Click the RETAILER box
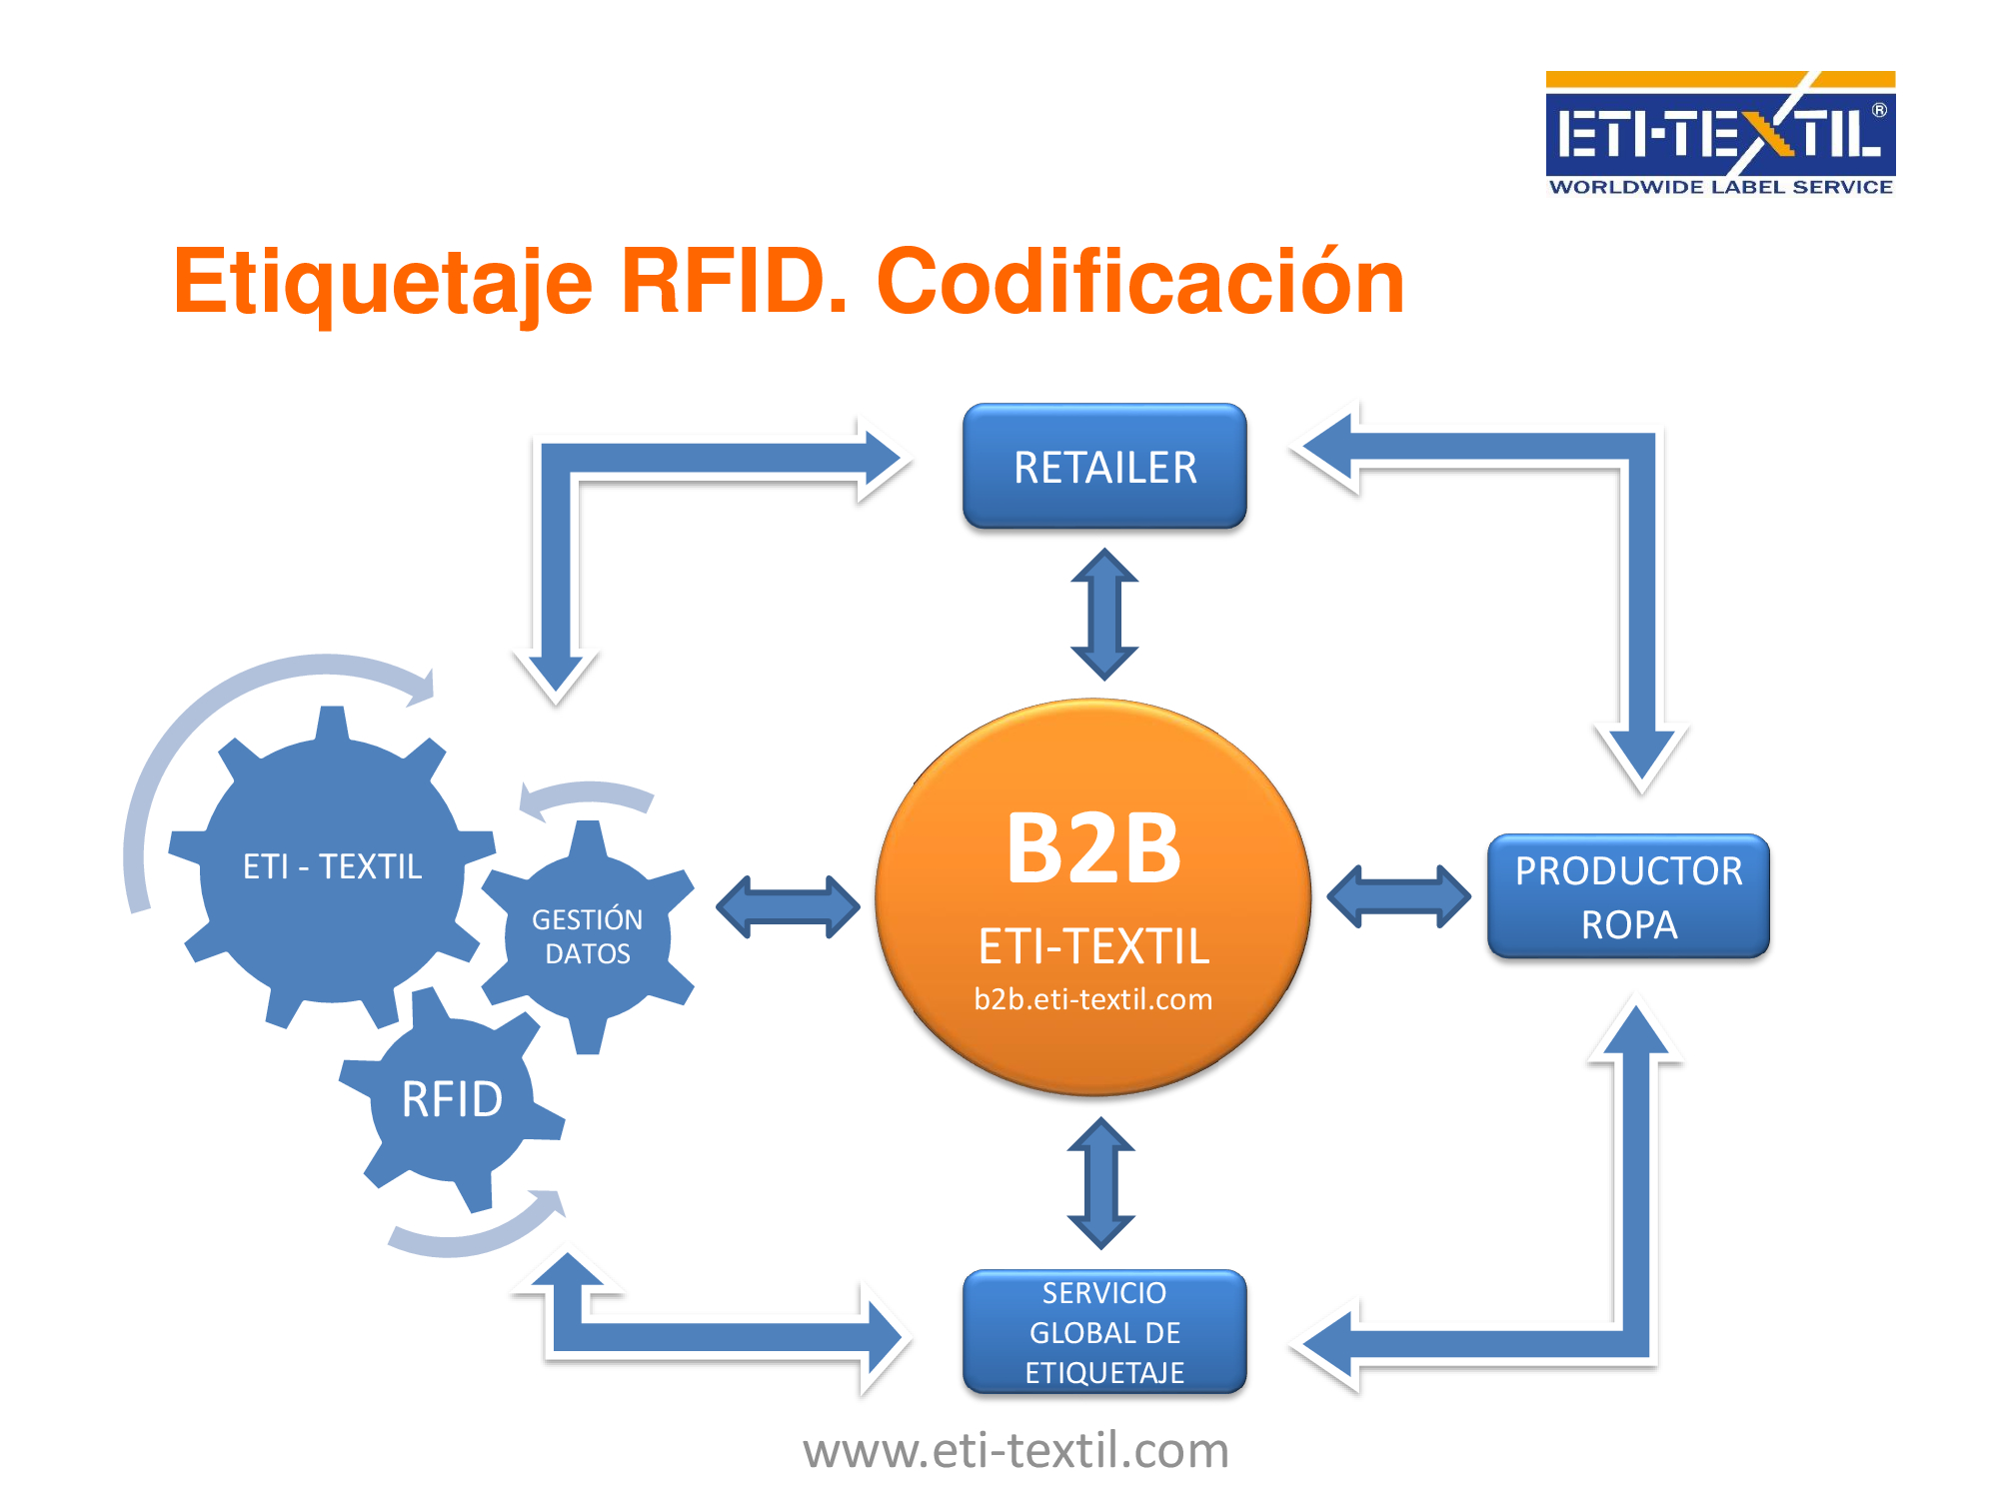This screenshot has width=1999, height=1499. (1104, 466)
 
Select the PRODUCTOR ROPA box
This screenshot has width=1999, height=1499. (1628, 896)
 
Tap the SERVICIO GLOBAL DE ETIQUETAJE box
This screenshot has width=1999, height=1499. (1104, 1332)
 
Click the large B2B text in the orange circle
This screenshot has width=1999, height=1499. (1093, 848)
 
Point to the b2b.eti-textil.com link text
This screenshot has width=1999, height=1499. (1093, 999)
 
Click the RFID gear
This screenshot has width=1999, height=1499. (452, 1099)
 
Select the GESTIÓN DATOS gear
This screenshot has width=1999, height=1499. (588, 936)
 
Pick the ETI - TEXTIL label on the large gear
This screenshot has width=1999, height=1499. (333, 866)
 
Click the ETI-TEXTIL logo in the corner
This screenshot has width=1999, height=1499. (1720, 133)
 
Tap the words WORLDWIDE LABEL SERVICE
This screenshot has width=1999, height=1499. (1720, 187)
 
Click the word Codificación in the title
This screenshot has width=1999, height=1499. (1140, 283)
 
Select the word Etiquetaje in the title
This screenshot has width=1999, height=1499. (383, 285)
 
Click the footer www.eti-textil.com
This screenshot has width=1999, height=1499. (1015, 1450)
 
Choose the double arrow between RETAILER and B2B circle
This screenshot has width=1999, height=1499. (1104, 614)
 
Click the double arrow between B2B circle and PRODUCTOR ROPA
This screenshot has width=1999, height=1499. (1398, 896)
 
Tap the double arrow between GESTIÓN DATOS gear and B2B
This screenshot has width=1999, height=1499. (788, 907)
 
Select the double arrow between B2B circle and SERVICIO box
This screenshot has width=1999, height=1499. (1101, 1183)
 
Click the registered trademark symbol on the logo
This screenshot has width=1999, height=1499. (1879, 110)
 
